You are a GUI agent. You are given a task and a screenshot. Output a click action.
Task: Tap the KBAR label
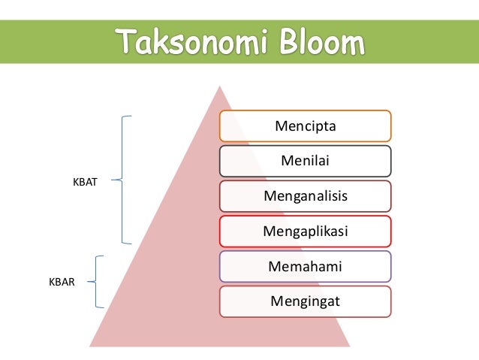[62, 283]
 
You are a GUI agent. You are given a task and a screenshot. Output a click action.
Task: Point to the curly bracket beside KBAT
[122, 180]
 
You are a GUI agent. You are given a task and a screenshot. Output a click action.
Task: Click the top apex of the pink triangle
[219, 87]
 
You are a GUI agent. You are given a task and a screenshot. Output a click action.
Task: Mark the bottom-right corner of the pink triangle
[348, 345]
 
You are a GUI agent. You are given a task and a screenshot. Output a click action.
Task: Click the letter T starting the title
[125, 42]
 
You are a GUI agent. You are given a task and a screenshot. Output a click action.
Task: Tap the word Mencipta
[306, 126]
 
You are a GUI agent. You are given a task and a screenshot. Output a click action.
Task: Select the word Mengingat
[306, 301]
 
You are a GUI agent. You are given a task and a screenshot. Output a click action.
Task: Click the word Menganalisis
[306, 196]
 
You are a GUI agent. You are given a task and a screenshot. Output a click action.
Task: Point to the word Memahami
[306, 266]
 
